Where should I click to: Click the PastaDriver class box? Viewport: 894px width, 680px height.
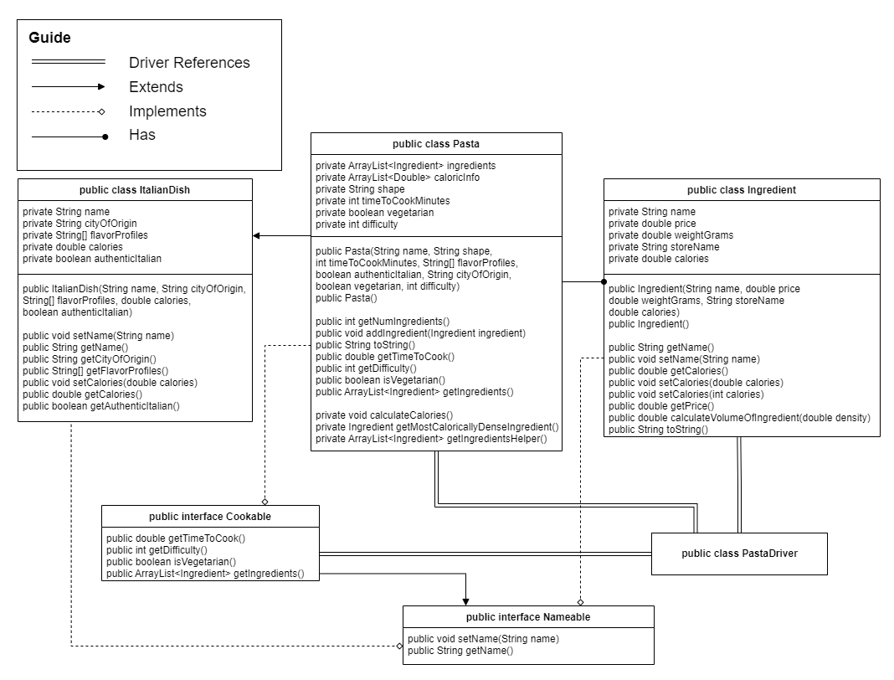click(x=739, y=554)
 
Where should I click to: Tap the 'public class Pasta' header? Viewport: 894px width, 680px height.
click(x=436, y=144)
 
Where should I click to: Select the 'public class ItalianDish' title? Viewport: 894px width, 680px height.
click(x=134, y=190)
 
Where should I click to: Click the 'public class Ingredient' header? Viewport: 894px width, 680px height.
click(x=741, y=190)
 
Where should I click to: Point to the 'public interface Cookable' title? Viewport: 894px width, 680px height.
click(x=210, y=517)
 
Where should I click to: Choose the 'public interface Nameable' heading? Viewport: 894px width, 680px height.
click(x=528, y=617)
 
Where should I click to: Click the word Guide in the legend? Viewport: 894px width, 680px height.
click(x=49, y=38)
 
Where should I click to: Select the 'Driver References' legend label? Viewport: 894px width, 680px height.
click(x=189, y=63)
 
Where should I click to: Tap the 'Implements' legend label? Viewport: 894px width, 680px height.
click(x=167, y=111)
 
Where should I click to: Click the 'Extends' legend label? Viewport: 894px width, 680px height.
click(x=156, y=87)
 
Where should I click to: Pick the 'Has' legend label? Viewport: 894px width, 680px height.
click(x=142, y=135)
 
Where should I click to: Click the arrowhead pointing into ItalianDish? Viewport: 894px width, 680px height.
click(x=257, y=236)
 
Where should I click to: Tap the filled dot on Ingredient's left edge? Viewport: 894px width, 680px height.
click(x=603, y=282)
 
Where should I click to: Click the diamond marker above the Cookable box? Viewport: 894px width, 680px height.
click(x=265, y=500)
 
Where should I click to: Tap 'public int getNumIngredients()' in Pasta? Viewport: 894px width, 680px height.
click(x=383, y=321)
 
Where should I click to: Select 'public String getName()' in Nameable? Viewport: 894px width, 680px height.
click(x=460, y=650)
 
